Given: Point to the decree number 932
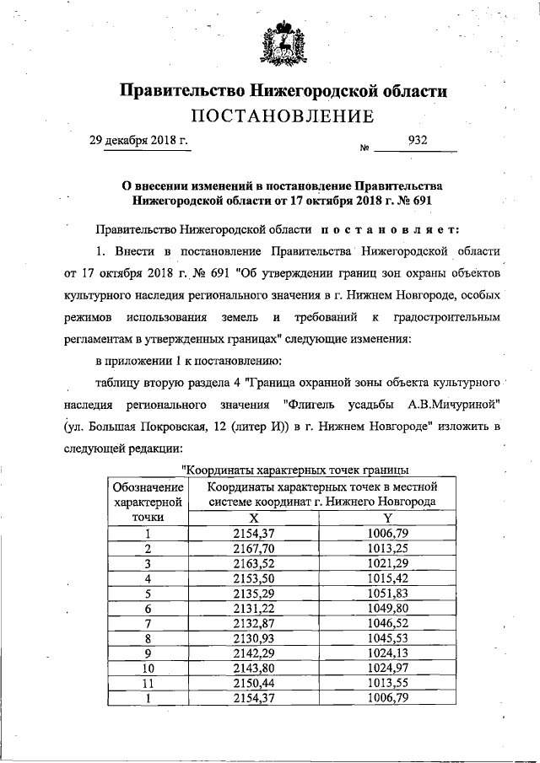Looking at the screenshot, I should tap(417, 141).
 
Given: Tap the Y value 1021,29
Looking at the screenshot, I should tap(387, 562).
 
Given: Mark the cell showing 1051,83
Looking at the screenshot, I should tap(387, 593).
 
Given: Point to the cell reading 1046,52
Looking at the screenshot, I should tap(387, 623).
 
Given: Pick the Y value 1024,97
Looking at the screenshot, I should tap(387, 669).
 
